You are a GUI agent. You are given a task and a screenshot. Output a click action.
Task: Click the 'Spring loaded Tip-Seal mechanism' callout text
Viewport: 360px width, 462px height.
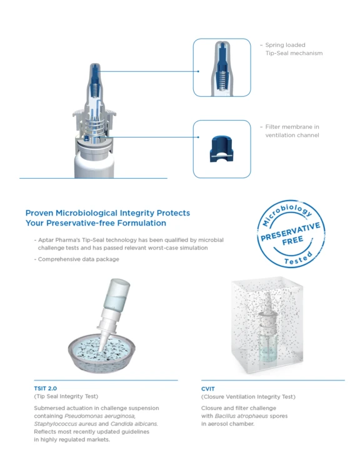pos(293,49)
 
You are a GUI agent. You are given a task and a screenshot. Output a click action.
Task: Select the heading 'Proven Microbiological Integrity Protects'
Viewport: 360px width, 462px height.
pos(107,213)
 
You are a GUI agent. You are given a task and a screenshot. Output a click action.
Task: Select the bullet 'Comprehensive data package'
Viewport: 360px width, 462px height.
pos(77,259)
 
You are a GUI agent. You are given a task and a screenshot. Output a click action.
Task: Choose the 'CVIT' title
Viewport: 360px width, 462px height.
pos(208,388)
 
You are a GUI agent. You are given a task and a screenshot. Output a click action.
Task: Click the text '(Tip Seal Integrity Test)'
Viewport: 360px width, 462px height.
pos(66,396)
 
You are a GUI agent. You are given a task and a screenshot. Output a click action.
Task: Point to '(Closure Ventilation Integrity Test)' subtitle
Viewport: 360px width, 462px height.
pos(248,396)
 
